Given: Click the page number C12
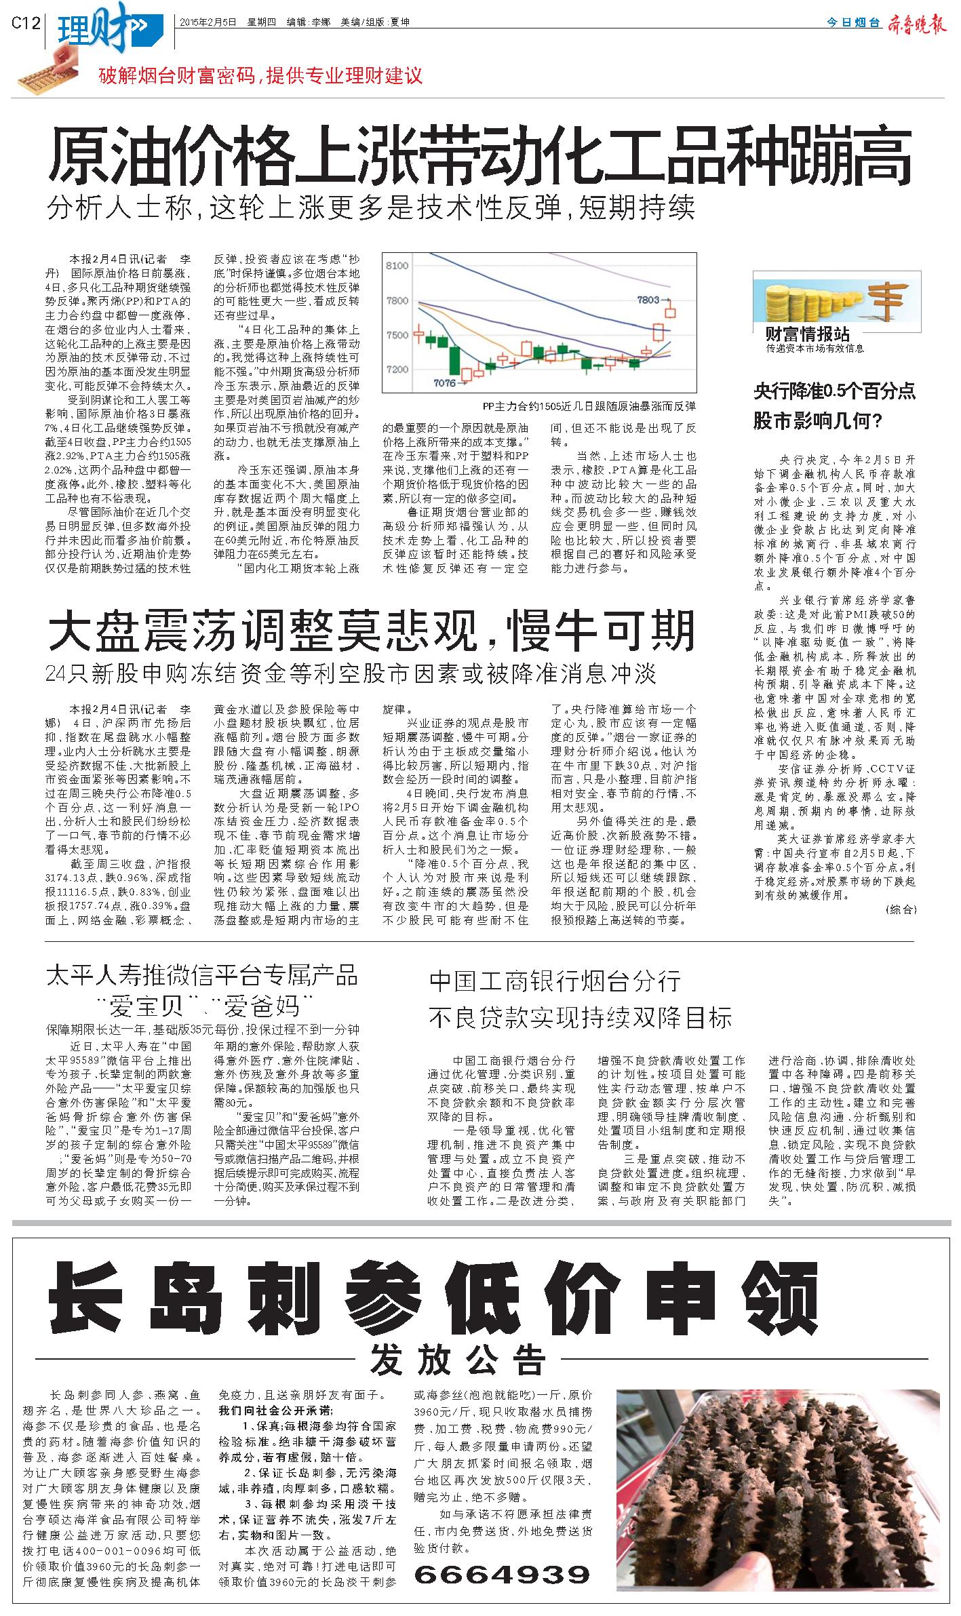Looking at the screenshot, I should [26, 23].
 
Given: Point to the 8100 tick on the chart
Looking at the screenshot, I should [397, 266].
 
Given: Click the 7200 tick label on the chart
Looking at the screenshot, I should [397, 370].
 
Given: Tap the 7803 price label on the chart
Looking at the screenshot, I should [648, 299].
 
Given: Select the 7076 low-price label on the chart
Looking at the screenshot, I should [444, 383].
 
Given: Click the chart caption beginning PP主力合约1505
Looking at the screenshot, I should [589, 406].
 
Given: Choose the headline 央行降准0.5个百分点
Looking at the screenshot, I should [835, 391].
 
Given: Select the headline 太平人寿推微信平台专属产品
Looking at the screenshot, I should [201, 976].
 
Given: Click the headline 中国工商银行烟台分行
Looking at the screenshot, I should [555, 981].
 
